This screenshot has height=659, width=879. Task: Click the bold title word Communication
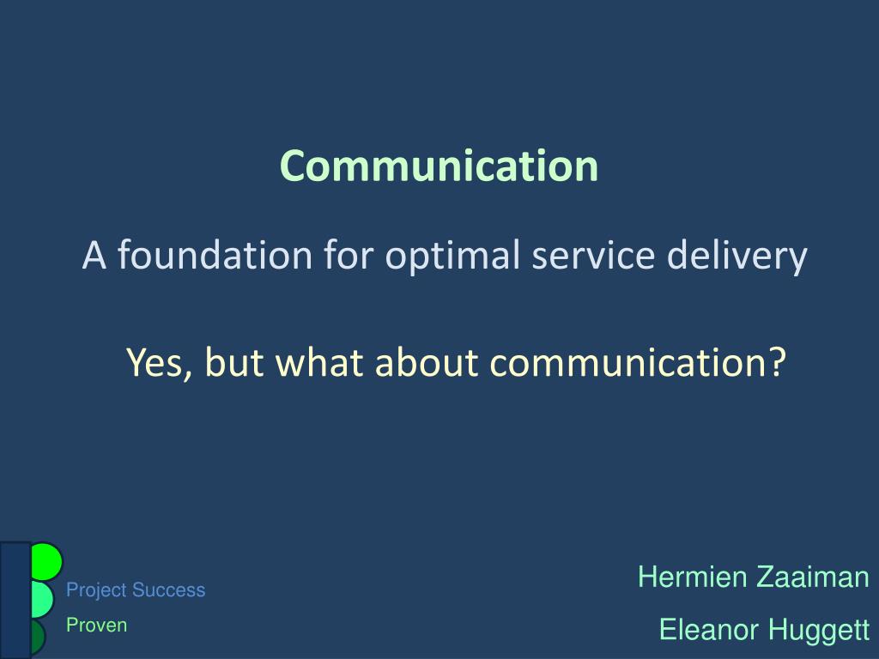439,166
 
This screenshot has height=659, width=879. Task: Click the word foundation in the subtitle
215,254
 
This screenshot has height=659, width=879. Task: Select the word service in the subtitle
593,256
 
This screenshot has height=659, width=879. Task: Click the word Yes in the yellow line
160,363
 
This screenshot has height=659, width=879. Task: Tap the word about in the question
427,363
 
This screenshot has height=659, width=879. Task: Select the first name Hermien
693,577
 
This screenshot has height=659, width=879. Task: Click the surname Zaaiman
812,577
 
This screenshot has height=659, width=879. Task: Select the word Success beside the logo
169,590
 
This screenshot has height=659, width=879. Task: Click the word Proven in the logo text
96,625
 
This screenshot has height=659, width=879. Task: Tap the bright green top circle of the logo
46,561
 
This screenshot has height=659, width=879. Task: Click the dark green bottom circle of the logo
38,637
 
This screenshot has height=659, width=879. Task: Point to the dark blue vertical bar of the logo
15,600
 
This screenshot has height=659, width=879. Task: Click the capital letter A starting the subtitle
94,256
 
